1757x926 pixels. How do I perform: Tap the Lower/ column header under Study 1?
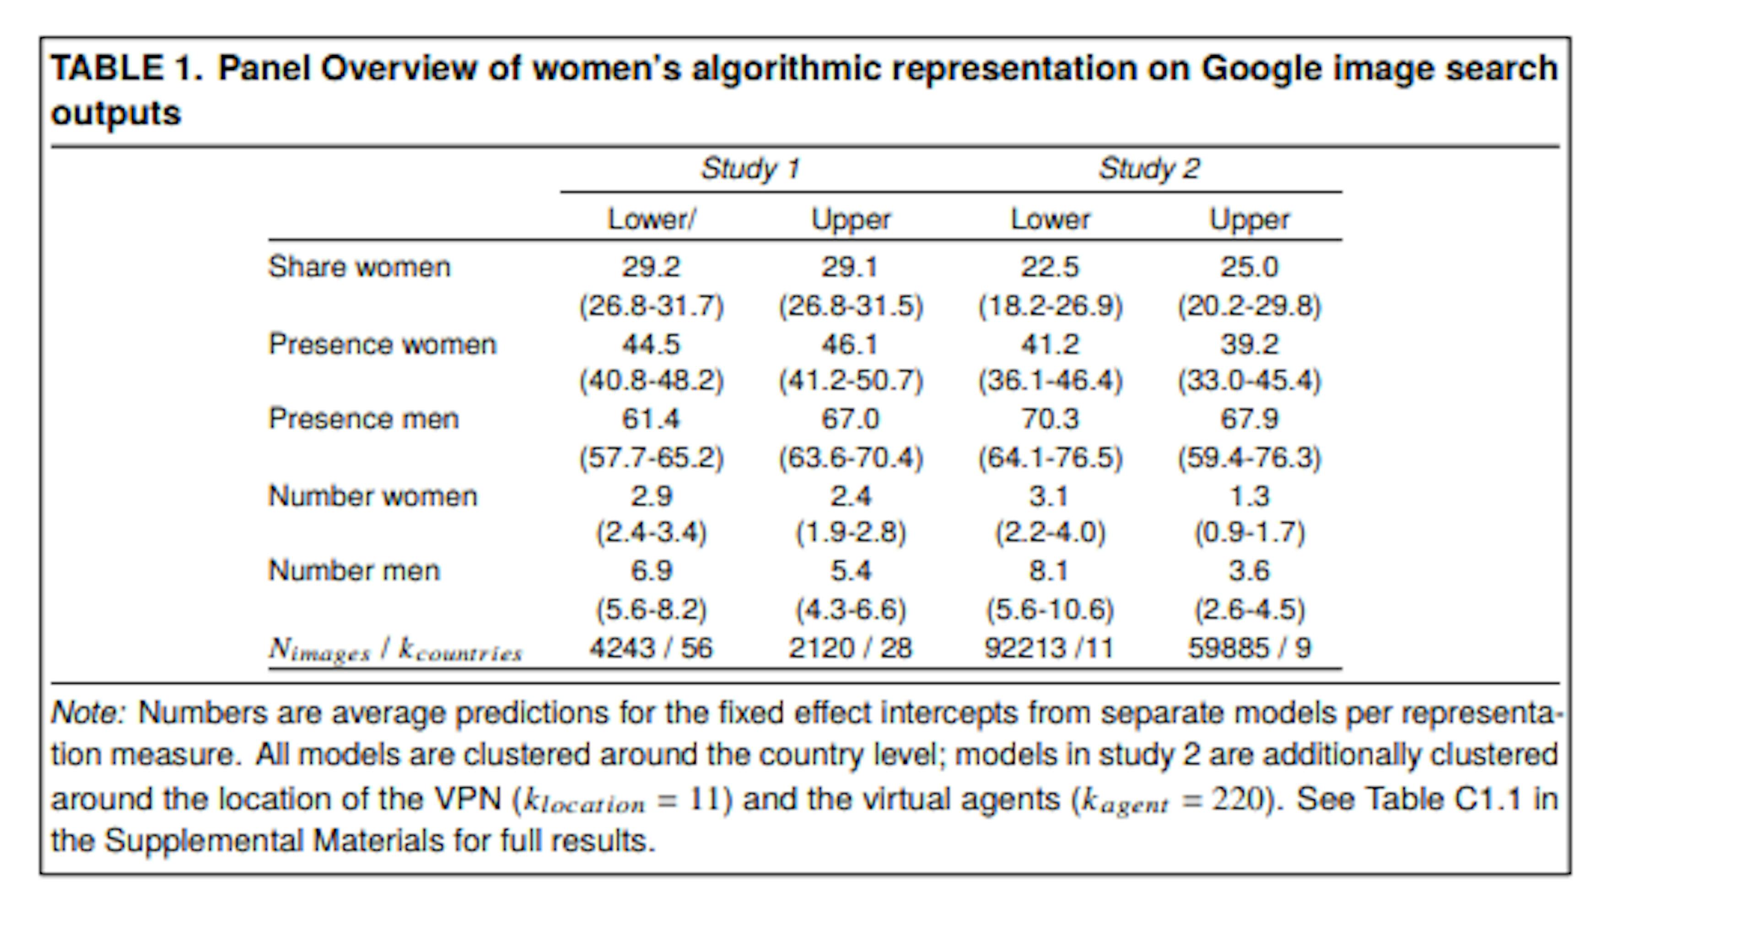point(652,220)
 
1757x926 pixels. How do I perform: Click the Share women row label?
point(360,267)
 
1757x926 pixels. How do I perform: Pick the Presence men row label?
point(364,419)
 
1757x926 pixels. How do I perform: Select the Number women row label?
point(372,496)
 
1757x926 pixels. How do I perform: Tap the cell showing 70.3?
point(1050,419)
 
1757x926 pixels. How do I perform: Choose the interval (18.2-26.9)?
point(1050,306)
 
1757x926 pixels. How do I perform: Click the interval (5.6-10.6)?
point(1050,609)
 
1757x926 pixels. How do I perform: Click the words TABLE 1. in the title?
point(127,69)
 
